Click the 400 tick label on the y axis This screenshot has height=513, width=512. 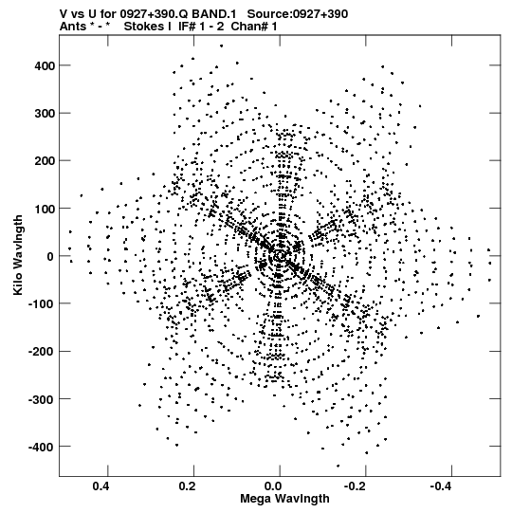pyautogui.click(x=45, y=66)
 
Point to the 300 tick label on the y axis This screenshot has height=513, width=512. pyautogui.click(x=45, y=114)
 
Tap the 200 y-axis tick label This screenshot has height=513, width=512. pyautogui.click(x=45, y=161)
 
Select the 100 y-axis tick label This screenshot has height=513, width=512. pyautogui.click(x=45, y=209)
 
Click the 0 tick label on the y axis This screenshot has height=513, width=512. pyautogui.click(x=50, y=256)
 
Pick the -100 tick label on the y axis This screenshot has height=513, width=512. pyautogui.click(x=42, y=304)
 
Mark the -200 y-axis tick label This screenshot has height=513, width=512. pyautogui.click(x=42, y=352)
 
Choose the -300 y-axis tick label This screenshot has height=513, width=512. pyautogui.click(x=42, y=399)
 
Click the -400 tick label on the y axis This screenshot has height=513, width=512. pyautogui.click(x=42, y=447)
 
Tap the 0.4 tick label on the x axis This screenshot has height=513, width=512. pyautogui.click(x=101, y=486)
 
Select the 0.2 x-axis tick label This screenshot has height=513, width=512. pyautogui.click(x=188, y=486)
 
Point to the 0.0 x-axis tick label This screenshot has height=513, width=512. pyautogui.click(x=273, y=486)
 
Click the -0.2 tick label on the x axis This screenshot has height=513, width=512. pyautogui.click(x=357, y=486)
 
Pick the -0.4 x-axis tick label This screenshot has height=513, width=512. pyautogui.click(x=443, y=486)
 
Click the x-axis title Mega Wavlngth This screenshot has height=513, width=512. pyautogui.click(x=284, y=499)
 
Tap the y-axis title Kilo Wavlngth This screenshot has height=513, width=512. pyautogui.click(x=18, y=255)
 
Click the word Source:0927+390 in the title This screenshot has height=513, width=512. pyautogui.click(x=298, y=14)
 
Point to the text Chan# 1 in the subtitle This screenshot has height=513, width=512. pyautogui.click(x=254, y=27)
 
